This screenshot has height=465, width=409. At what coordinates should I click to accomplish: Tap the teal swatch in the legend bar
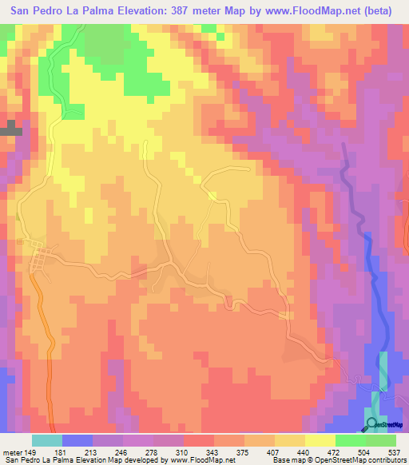click(x=46, y=440)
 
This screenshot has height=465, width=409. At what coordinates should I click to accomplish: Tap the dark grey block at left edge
click(x=10, y=128)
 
